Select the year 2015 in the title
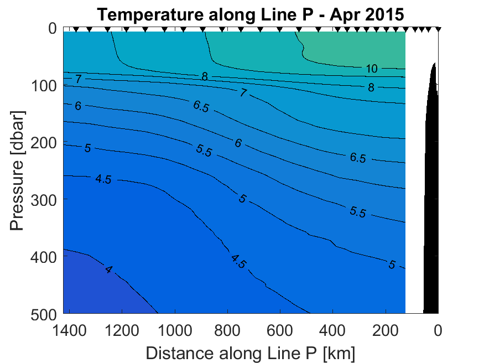pos(381,15)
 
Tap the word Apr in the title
pos(344,15)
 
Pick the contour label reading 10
pos(372,69)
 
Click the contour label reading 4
pos(108,270)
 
